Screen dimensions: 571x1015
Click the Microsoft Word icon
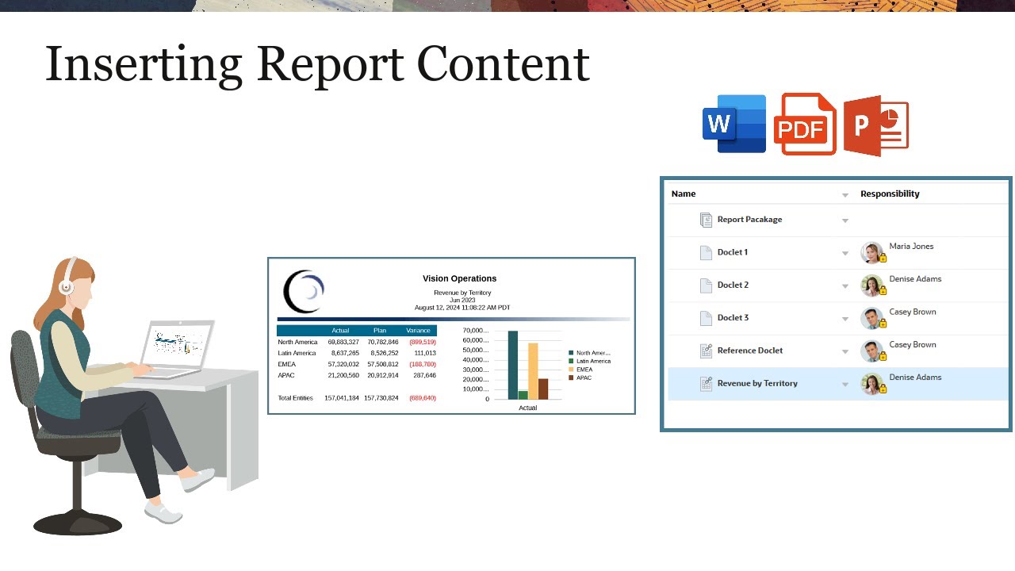734,124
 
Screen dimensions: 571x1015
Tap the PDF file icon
804,125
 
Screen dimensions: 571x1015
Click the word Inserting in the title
144,63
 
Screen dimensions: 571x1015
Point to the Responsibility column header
890,194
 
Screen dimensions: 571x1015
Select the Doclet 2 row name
733,285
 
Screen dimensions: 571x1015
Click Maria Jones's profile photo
871,252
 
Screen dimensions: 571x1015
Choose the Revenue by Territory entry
756,383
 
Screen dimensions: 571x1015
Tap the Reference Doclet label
749,351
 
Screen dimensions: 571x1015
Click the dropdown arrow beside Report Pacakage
845,220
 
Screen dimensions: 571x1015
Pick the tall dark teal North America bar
512,365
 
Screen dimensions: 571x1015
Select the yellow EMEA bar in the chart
533,370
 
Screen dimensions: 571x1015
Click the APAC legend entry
583,377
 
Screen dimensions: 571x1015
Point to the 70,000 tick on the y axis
476,331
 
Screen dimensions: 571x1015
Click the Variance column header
418,330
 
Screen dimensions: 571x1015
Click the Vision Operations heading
459,278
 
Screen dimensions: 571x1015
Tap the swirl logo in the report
304,291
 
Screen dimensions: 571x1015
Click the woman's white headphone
67,285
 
